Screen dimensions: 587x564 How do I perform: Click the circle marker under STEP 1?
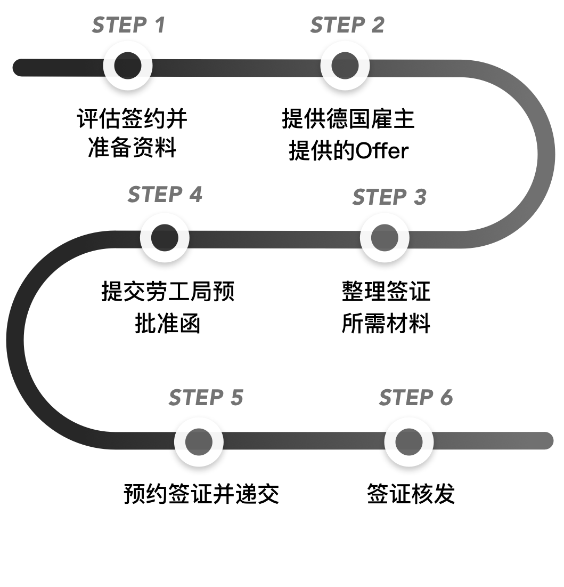click(x=128, y=66)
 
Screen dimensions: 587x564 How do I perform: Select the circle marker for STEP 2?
click(x=345, y=66)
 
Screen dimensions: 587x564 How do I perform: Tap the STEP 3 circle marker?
click(x=385, y=238)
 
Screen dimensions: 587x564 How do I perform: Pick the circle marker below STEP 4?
click(x=165, y=237)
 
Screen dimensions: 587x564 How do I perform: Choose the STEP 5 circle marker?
click(x=199, y=441)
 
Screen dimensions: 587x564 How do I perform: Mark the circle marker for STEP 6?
click(x=408, y=441)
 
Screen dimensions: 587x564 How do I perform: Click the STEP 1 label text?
click(x=128, y=25)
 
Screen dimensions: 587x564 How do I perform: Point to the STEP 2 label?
click(x=347, y=25)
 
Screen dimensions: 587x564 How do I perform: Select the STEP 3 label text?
click(x=389, y=197)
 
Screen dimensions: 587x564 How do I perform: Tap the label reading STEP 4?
click(x=165, y=195)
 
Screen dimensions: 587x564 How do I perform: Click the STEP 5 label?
click(x=206, y=398)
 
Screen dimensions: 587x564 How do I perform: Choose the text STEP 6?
click(x=415, y=398)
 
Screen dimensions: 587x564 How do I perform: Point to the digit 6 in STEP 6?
click(x=446, y=398)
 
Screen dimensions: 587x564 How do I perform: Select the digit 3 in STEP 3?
click(x=419, y=197)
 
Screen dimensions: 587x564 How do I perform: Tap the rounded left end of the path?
click(x=20, y=67)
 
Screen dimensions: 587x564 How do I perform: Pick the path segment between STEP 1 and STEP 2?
click(x=236, y=68)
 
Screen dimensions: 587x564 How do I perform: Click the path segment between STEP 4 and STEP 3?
click(x=274, y=239)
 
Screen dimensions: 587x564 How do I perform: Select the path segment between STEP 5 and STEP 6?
click(x=304, y=440)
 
